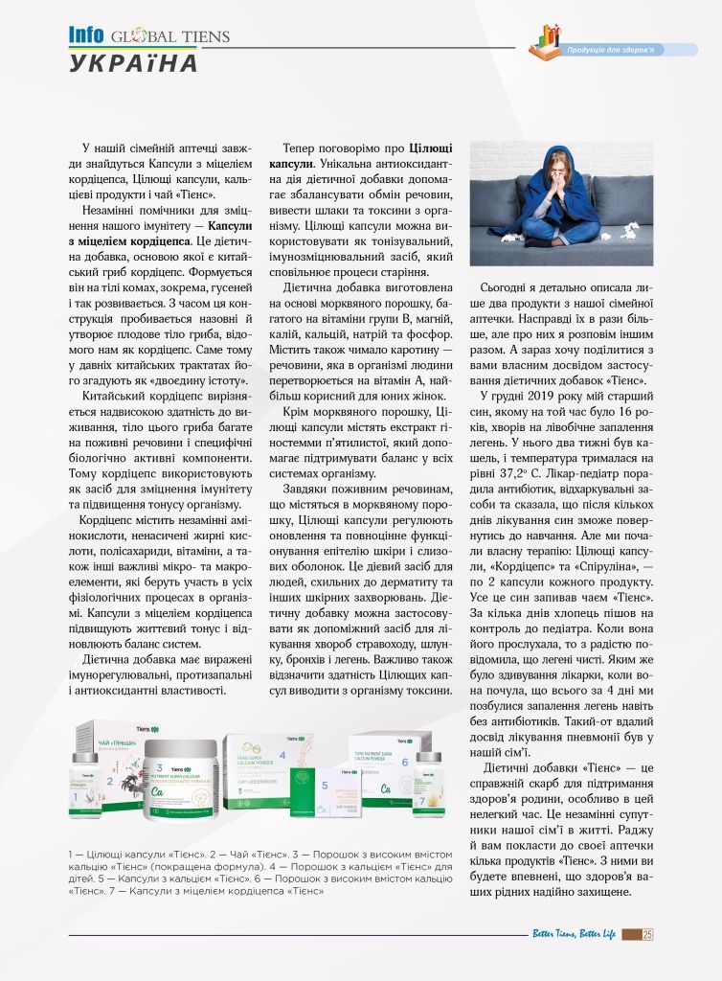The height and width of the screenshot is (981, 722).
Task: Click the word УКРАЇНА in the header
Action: point(133,64)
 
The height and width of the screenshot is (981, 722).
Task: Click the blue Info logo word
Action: point(86,35)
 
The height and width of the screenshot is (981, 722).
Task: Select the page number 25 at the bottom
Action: point(647,935)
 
